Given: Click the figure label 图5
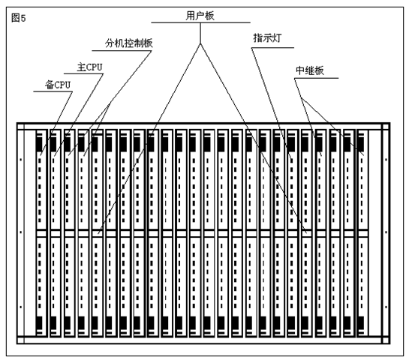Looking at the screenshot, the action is click(x=19, y=18).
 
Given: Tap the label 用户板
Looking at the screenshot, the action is click(x=200, y=16).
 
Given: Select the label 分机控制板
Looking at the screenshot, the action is click(x=129, y=43).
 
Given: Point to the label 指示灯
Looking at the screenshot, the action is click(x=267, y=38).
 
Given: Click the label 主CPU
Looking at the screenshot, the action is click(x=89, y=67).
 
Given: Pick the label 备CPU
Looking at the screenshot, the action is click(x=58, y=85).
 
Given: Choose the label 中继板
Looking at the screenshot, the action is click(x=310, y=70).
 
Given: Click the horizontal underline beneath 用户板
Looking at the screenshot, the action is click(x=200, y=22).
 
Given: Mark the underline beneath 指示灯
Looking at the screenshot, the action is click(x=273, y=48).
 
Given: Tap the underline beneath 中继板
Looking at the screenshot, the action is click(x=317, y=78).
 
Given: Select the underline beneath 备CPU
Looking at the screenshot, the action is click(x=53, y=91).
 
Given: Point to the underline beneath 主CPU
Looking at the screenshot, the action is click(x=84, y=73).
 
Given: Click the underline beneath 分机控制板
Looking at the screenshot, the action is click(x=122, y=50).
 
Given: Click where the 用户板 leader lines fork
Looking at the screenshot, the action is click(x=200, y=43).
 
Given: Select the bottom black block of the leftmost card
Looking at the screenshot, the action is click(x=39, y=323).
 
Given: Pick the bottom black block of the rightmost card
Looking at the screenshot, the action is click(x=361, y=323).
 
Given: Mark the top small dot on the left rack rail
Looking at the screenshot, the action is click(x=21, y=160).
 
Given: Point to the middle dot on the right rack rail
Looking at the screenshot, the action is click(x=386, y=232).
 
